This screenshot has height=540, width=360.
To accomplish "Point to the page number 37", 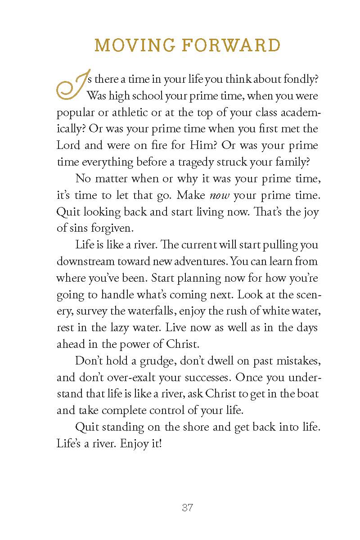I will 187,508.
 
